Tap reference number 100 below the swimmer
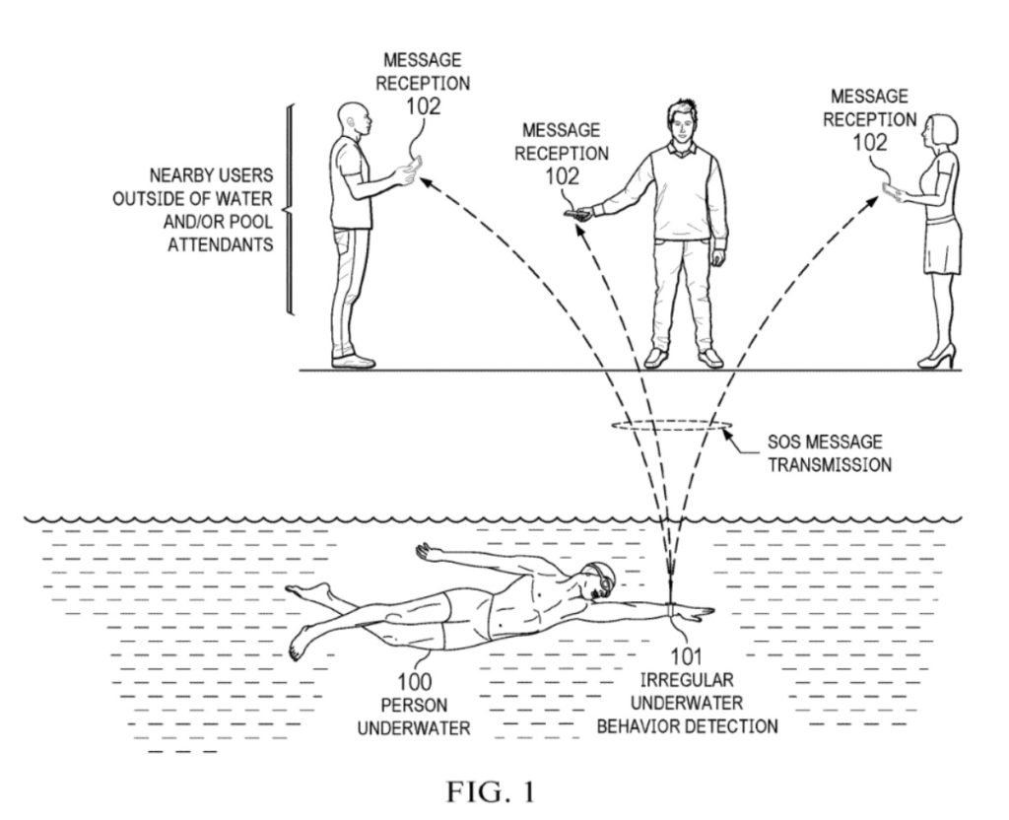coord(415,681)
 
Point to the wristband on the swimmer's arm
coord(672,610)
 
